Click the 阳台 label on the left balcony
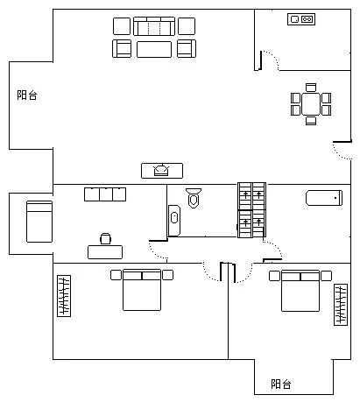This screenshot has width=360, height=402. [27, 95]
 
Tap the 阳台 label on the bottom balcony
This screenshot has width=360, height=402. [281, 384]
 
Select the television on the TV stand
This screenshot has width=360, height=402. [161, 171]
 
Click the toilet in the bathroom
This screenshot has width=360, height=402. [194, 198]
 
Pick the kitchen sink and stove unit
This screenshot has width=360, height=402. [301, 19]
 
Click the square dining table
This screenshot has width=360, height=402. [311, 104]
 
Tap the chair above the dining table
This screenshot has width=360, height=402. [311, 88]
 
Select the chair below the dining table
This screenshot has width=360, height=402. [311, 121]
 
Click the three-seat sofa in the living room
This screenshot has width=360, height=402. [154, 26]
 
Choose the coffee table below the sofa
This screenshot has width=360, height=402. [154, 49]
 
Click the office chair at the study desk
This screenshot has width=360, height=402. [105, 238]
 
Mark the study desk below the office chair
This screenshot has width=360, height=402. [105, 252]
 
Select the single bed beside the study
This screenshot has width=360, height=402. [39, 222]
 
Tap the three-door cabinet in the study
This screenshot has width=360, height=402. [105, 194]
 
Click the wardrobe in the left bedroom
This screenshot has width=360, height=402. [64, 296]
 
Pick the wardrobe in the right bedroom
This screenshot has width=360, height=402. [341, 305]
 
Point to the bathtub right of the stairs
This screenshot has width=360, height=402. [324, 198]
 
